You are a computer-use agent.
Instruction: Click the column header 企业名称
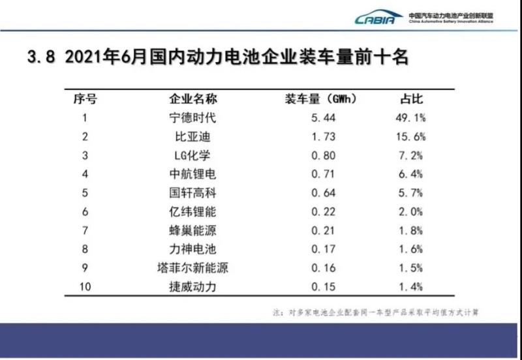tap(193, 100)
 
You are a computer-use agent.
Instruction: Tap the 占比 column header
tap(412, 100)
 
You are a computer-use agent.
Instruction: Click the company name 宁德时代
tap(193, 119)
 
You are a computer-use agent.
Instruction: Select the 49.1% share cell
tap(412, 119)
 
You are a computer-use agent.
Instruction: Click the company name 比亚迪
tap(193, 138)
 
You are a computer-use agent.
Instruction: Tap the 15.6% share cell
tap(412, 138)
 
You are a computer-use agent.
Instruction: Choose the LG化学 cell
tap(193, 156)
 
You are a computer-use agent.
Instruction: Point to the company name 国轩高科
tap(193, 193)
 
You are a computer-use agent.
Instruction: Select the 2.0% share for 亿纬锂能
tap(412, 212)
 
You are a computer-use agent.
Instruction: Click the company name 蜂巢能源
tap(193, 230)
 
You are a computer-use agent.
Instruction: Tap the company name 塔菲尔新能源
tap(193, 268)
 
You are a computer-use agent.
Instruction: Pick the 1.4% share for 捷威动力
tap(412, 286)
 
